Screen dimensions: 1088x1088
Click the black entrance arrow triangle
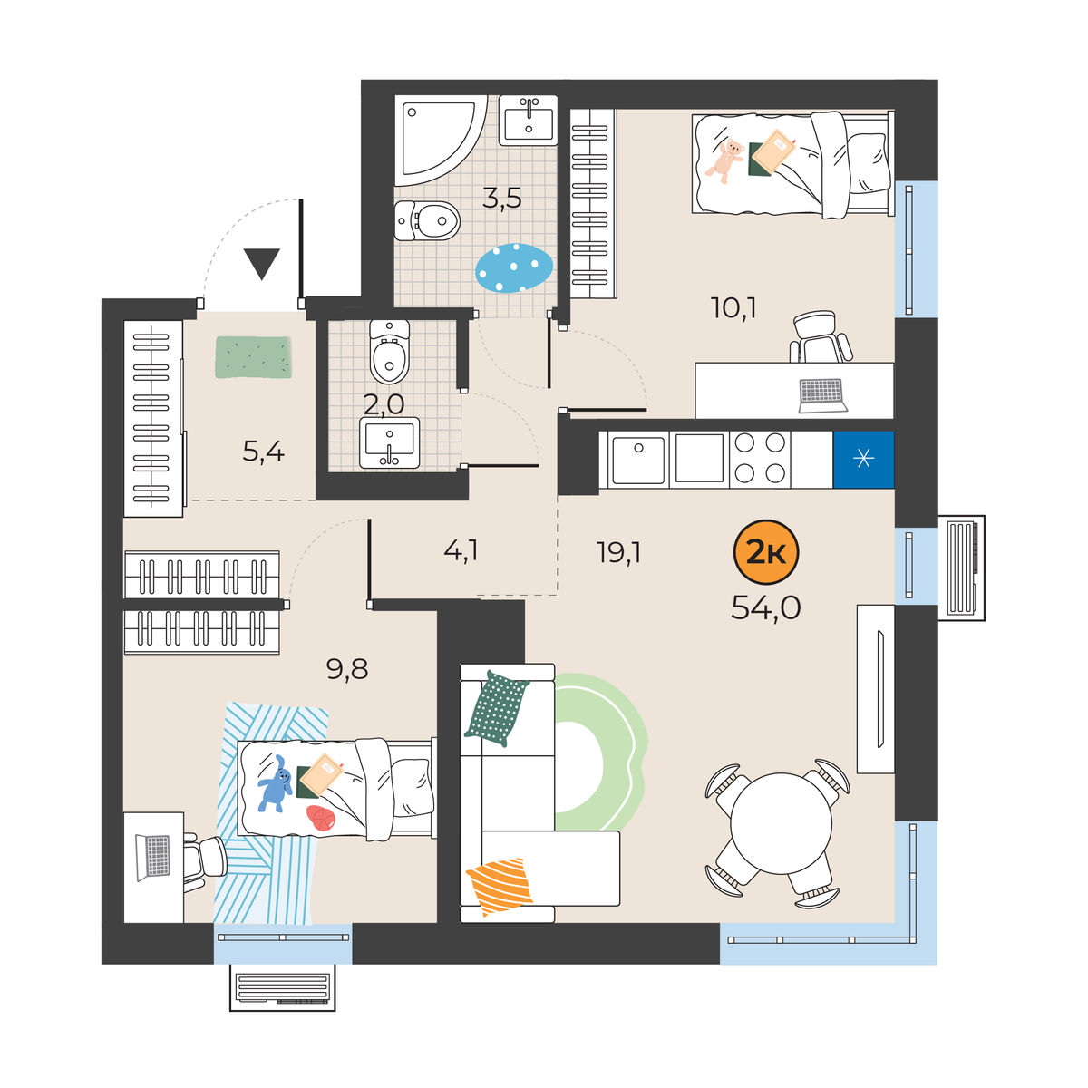pyautogui.click(x=262, y=264)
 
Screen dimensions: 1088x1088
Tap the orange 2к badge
pyautogui.click(x=765, y=552)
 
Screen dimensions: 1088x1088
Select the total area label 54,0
pyautogui.click(x=765, y=608)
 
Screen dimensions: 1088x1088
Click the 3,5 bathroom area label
pyautogui.click(x=502, y=199)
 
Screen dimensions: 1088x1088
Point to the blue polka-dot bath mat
pyautogui.click(x=514, y=268)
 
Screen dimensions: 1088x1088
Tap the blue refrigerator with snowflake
pyautogui.click(x=863, y=460)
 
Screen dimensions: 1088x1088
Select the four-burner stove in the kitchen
pyautogui.click(x=760, y=460)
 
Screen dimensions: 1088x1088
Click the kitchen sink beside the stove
pyautogui.click(x=638, y=460)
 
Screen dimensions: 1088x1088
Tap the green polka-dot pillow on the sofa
pyautogui.click(x=497, y=709)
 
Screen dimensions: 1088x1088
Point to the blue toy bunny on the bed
pyautogui.click(x=275, y=783)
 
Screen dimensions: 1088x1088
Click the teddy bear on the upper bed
pyautogui.click(x=725, y=160)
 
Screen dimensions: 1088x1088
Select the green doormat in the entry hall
pyautogui.click(x=254, y=357)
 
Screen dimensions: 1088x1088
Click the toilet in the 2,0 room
pyautogui.click(x=390, y=351)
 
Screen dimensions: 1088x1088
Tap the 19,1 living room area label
pyautogui.click(x=619, y=552)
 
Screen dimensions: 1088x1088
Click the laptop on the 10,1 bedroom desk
pyautogui.click(x=822, y=396)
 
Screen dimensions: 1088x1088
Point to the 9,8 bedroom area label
pyautogui.click(x=347, y=670)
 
